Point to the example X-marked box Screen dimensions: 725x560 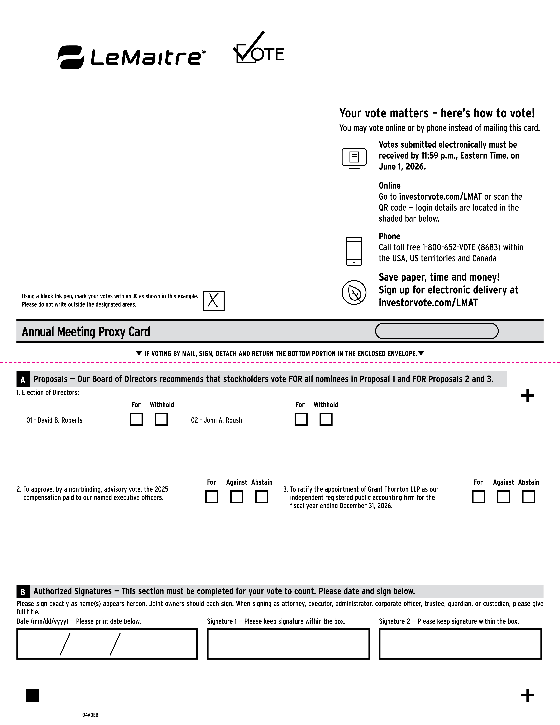tap(213, 301)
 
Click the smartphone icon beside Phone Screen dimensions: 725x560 tap(354, 251)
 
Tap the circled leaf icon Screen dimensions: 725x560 tap(354, 292)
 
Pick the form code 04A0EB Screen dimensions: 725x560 tap(90, 715)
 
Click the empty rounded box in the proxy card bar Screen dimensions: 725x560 tap(437, 331)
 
